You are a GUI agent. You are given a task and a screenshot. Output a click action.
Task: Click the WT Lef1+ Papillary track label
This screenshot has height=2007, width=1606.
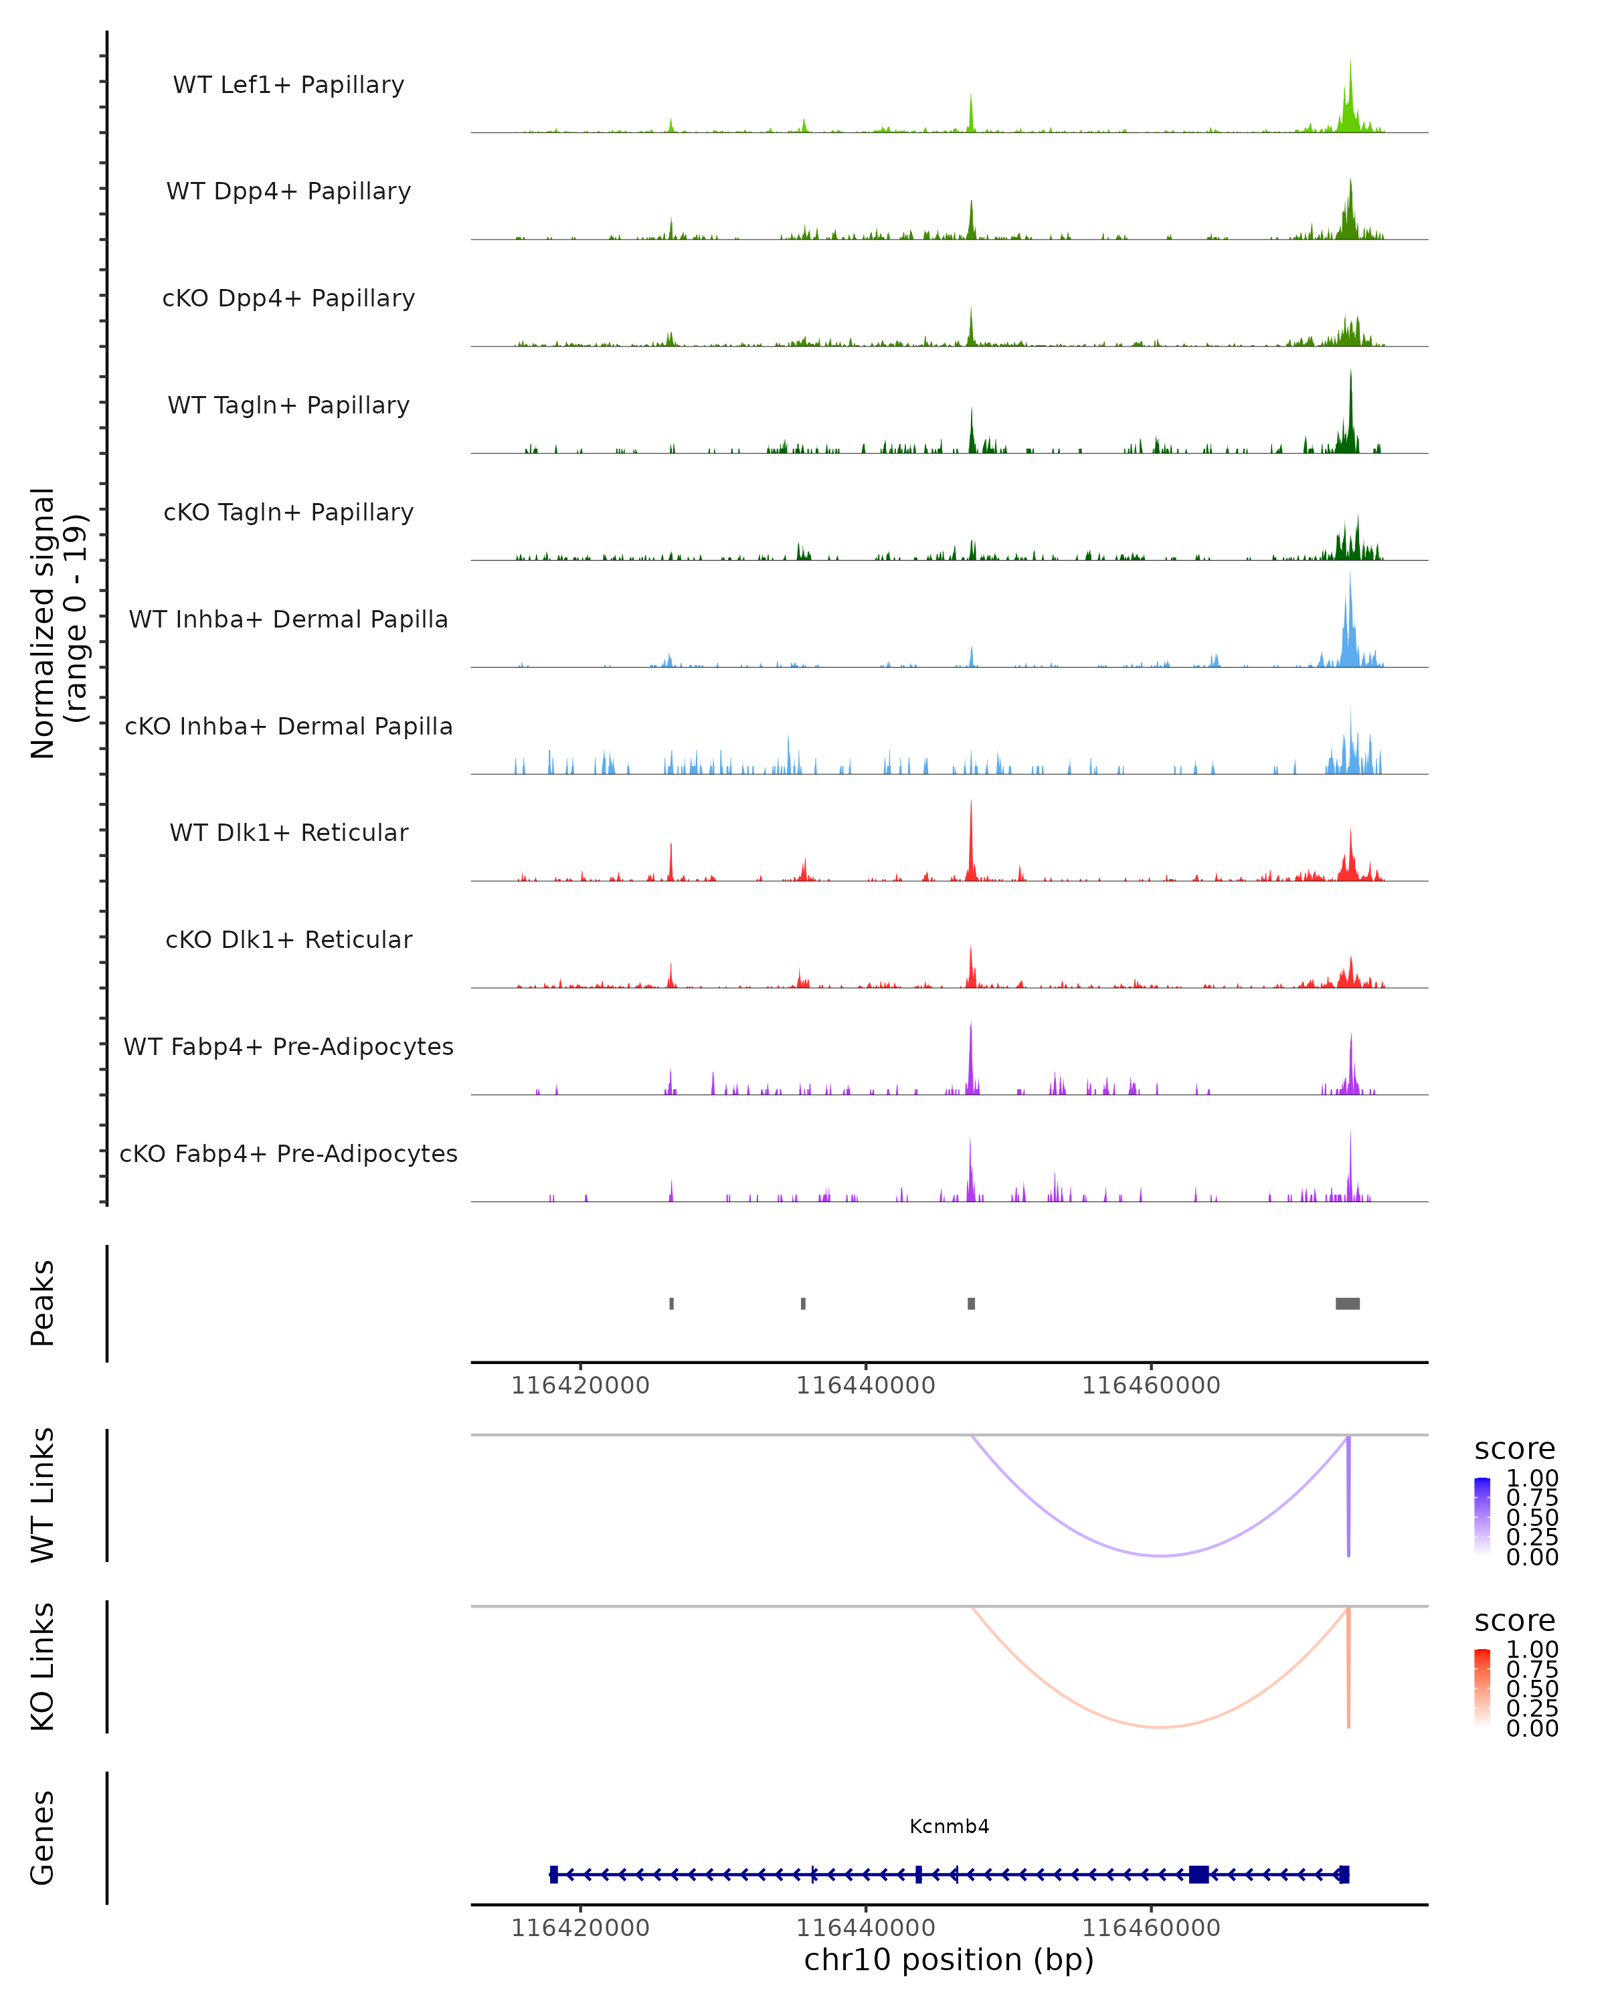288,85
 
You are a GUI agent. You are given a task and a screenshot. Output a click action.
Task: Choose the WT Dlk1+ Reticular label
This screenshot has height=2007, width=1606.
288,832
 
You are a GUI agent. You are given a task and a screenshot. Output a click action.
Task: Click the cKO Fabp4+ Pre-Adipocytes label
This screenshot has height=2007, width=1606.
288,1153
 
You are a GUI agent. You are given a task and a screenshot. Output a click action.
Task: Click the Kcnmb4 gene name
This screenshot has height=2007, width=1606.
949,1826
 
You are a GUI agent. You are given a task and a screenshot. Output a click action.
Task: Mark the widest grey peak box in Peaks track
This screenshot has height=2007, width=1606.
1347,1303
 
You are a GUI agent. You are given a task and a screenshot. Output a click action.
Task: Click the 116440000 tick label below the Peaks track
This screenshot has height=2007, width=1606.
865,1385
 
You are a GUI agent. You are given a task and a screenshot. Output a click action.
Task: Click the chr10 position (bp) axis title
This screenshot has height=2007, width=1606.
949,1960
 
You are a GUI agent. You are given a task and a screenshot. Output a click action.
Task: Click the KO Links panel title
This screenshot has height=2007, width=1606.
43,1666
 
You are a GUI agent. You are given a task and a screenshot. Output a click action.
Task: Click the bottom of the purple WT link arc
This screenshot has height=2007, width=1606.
1160,1555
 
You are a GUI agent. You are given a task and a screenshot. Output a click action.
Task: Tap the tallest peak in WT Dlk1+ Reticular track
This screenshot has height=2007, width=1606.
971,802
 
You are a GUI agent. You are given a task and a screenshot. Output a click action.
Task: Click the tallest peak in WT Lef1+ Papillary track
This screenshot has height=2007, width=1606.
1351,62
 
